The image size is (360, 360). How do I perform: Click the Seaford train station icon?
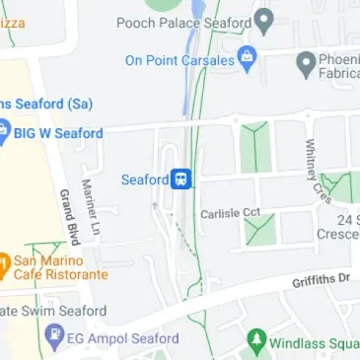pyautogui.click(x=181, y=179)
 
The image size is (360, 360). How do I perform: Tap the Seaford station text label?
pyautogui.click(x=144, y=180)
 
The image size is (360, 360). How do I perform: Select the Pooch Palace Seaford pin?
pyautogui.click(x=264, y=21)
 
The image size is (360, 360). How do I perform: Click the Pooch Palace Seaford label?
pyautogui.click(x=184, y=22)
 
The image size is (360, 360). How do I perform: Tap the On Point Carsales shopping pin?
pyautogui.click(x=248, y=59)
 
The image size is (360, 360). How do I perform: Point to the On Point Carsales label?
pyautogui.click(x=180, y=60)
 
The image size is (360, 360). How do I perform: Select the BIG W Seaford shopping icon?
pyautogui.click(x=3, y=132)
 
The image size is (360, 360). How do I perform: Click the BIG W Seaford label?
pyautogui.click(x=58, y=133)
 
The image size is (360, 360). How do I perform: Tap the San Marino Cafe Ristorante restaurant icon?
pyautogui.click(x=3, y=264)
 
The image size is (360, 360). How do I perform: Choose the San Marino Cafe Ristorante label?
pyautogui.click(x=60, y=267)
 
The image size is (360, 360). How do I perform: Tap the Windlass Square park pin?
pyautogui.click(x=256, y=341)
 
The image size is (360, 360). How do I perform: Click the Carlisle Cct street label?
pyautogui.click(x=230, y=213)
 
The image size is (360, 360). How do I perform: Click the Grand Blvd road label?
pyautogui.click(x=68, y=216)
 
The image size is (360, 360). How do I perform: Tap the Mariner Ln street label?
pyautogui.click(x=92, y=204)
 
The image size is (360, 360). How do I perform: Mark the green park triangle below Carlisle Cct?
pyautogui.click(x=258, y=232)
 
